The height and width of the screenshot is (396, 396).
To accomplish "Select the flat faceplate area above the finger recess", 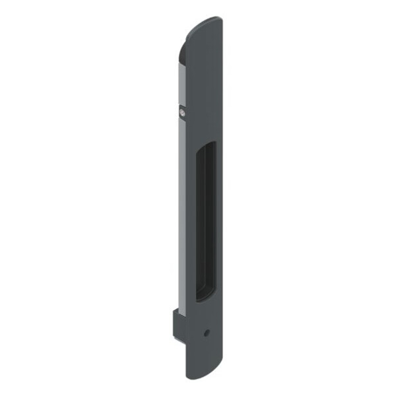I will click(x=205, y=86).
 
